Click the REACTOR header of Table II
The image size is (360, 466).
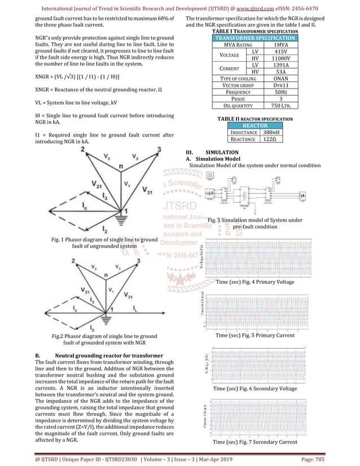pyautogui.click(x=256, y=125)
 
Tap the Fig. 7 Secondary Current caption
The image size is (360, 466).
pyautogui.click(x=254, y=442)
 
